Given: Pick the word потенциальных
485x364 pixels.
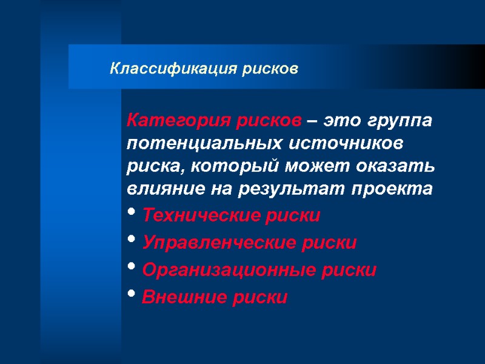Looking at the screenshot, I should pyautogui.click(x=193, y=144).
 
